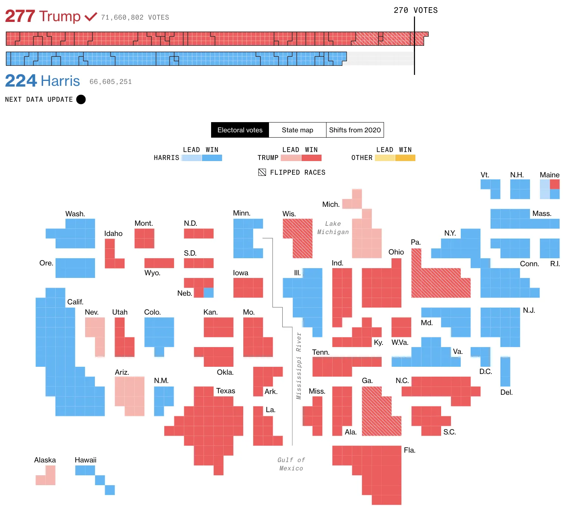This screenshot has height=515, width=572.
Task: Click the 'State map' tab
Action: tap(297, 130)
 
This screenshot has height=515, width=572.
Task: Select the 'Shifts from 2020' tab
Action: tap(355, 130)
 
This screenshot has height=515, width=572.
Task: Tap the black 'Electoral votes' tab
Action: tap(240, 130)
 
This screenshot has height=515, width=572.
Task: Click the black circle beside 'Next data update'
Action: tap(81, 99)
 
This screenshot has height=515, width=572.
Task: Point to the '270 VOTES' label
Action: tap(415, 10)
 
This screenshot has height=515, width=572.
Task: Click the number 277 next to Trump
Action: tap(20, 16)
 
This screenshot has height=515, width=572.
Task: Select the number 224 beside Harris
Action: tap(21, 81)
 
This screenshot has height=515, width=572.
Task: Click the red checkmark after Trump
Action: tap(91, 17)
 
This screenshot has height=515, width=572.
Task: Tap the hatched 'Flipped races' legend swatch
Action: tap(262, 172)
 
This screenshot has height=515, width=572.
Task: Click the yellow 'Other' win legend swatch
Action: tap(405, 158)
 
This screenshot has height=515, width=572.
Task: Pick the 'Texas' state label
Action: tap(225, 391)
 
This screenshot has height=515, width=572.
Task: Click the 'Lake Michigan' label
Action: tap(333, 228)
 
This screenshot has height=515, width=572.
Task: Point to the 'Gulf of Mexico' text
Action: tap(291, 464)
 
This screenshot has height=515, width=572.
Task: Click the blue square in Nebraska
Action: tap(208, 293)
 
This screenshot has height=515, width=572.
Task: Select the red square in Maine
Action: tap(555, 184)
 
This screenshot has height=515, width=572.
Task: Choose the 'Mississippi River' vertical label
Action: tap(299, 366)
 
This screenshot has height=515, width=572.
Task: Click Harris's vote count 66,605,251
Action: tap(110, 82)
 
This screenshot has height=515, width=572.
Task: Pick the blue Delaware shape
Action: tap(505, 371)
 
